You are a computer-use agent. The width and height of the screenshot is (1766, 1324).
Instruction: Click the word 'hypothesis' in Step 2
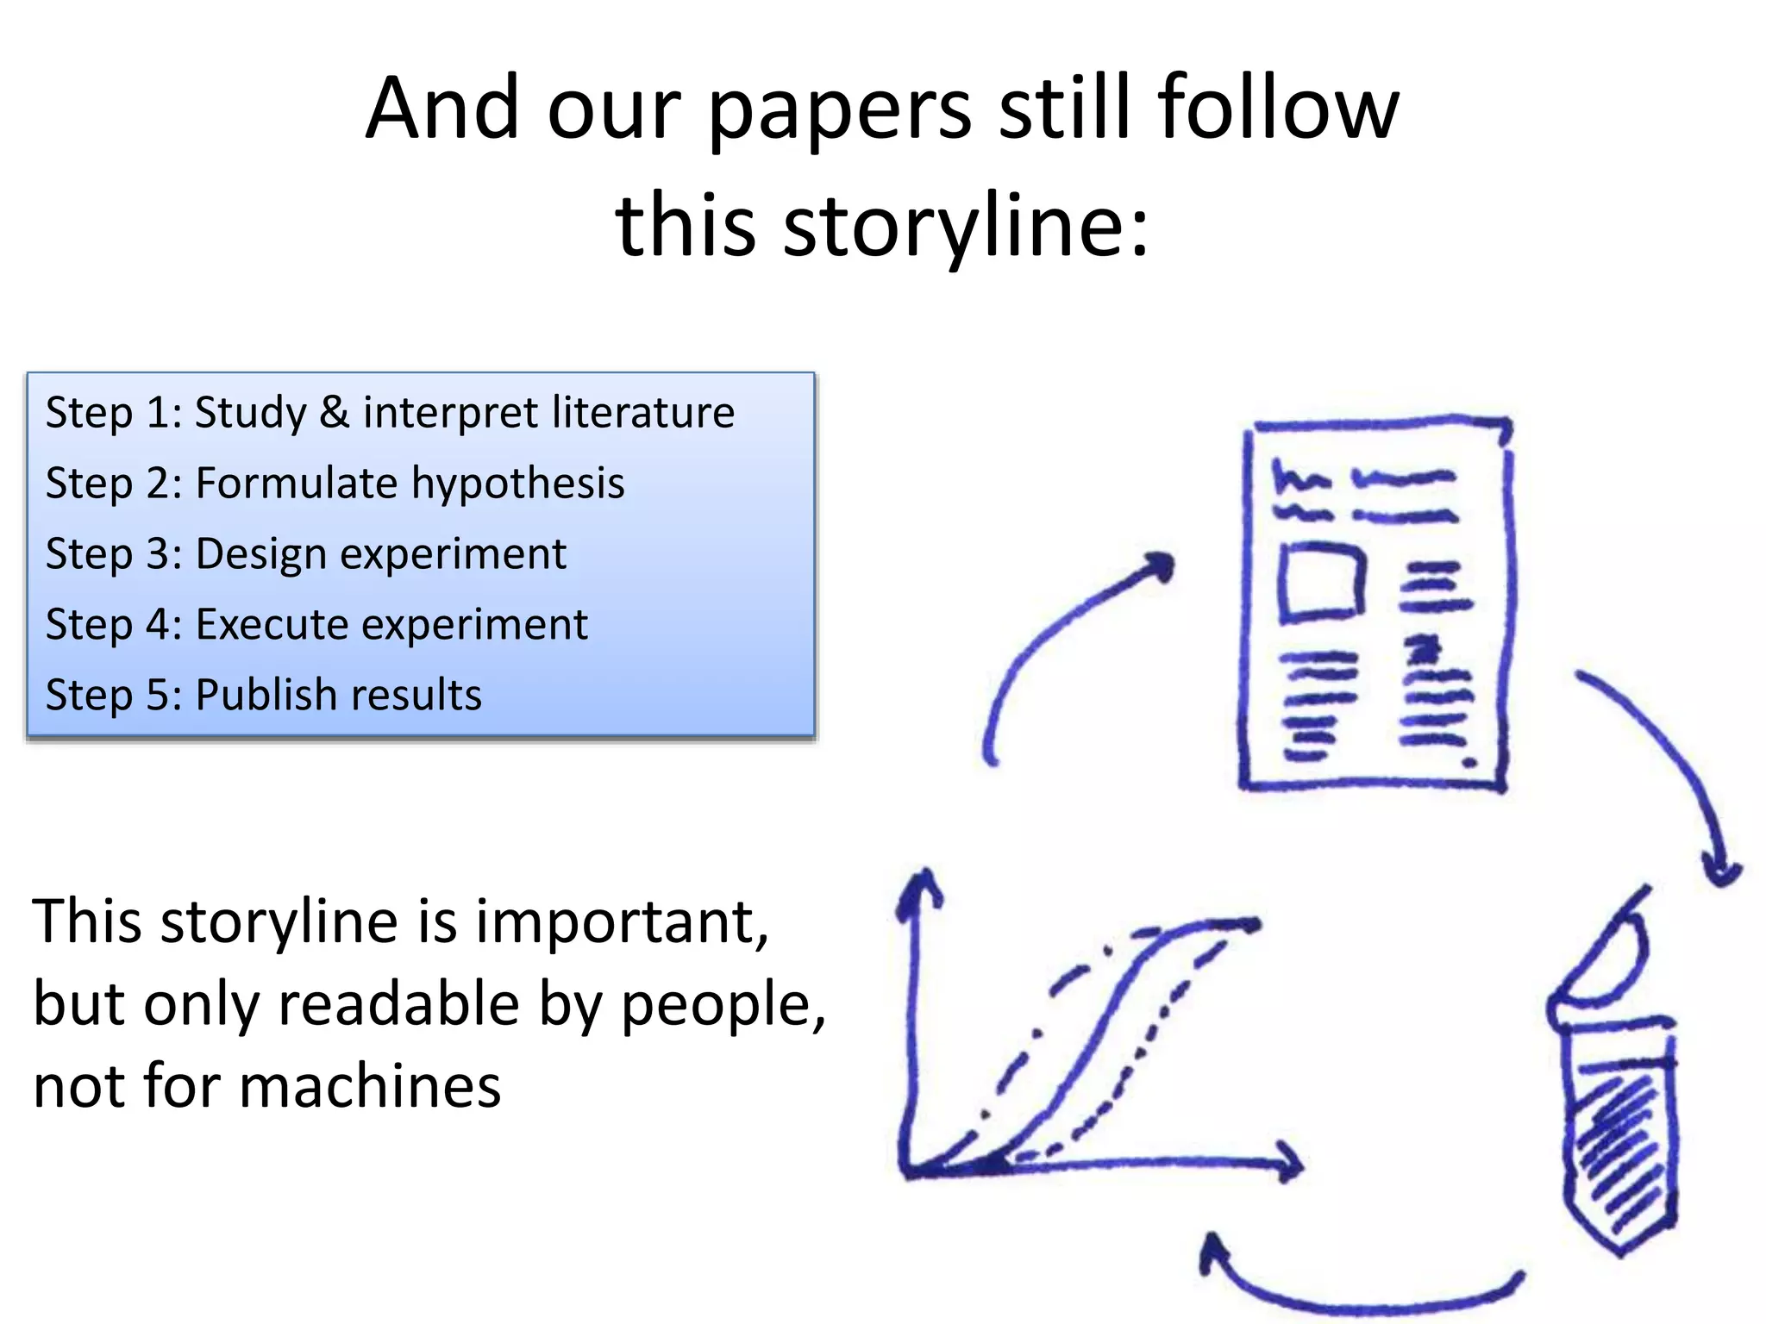coord(517,483)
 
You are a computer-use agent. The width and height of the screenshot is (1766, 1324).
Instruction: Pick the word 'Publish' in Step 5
coord(263,695)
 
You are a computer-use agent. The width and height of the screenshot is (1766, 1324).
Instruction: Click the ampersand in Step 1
coord(335,412)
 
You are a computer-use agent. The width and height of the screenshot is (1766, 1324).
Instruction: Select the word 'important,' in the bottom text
coord(621,922)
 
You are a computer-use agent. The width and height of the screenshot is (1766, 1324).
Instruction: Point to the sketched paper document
coord(1375,603)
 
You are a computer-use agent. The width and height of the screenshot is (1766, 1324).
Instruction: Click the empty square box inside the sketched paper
coord(1321,581)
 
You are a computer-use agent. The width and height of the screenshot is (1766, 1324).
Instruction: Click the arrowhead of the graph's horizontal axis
coord(1288,1162)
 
